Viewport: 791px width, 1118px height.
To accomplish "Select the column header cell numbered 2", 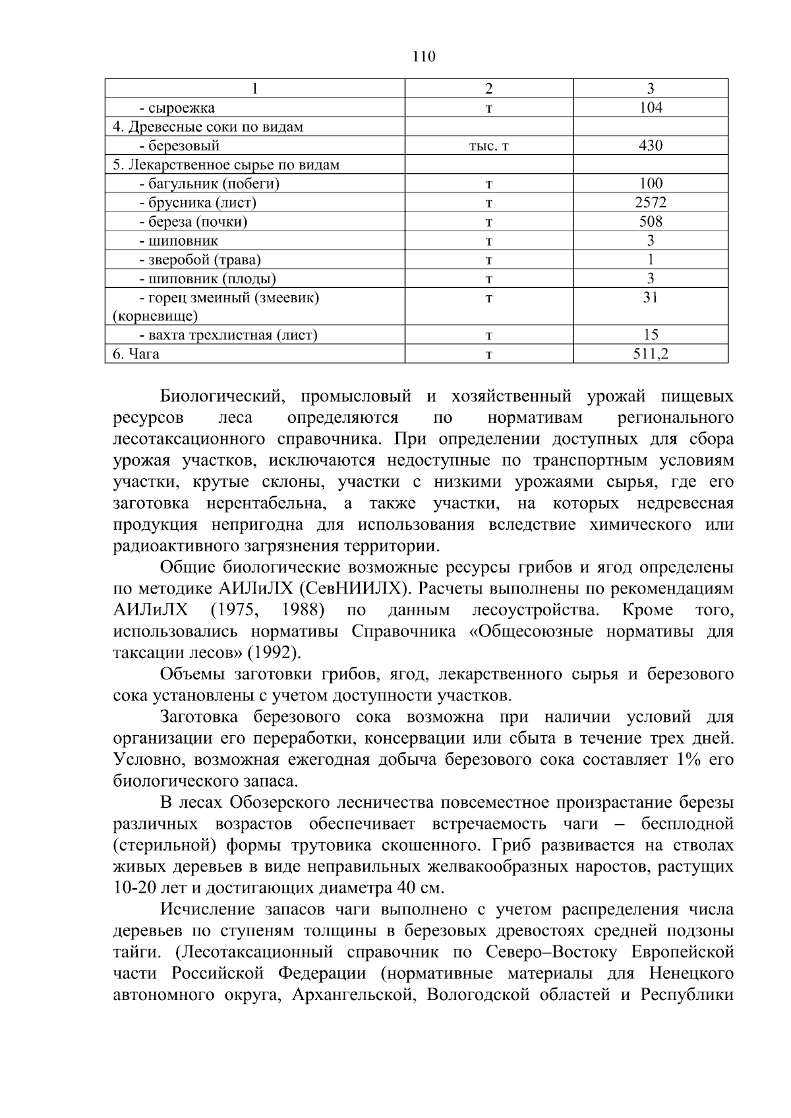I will click(x=488, y=88).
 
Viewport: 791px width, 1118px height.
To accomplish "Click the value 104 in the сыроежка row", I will click(x=651, y=108).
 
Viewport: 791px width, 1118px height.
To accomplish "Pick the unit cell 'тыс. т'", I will click(x=488, y=146).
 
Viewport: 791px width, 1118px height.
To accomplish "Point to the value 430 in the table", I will click(x=651, y=146).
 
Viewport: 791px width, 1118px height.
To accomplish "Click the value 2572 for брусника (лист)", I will click(x=651, y=203).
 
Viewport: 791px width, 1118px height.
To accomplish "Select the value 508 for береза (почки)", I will click(x=651, y=221).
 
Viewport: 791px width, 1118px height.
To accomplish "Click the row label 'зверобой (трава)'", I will click(x=200, y=260).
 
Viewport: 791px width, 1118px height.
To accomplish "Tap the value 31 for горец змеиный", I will click(x=651, y=297).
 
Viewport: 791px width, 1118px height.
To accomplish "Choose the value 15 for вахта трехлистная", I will click(x=651, y=335).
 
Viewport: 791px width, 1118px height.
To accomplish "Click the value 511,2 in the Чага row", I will click(x=651, y=354).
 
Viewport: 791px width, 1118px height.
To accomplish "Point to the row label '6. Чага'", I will click(x=136, y=354).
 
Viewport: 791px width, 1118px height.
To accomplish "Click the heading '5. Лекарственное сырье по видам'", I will click(x=226, y=165).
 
